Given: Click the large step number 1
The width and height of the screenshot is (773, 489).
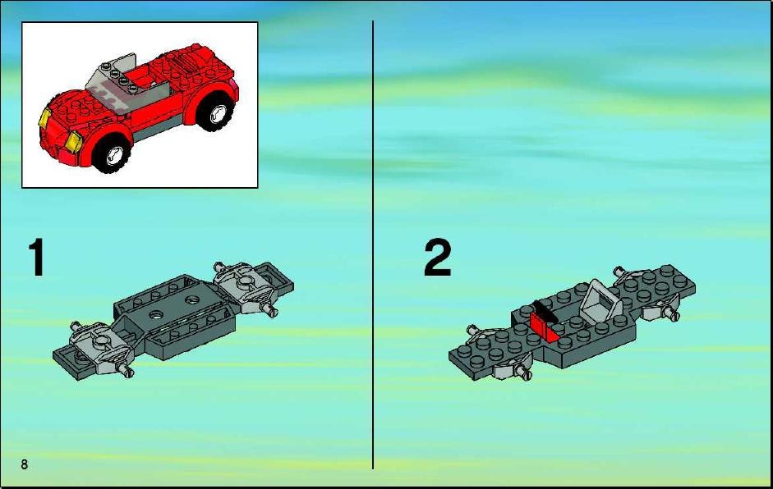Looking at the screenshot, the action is pos(36,258).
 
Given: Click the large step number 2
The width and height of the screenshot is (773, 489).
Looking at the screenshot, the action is pos(437,257).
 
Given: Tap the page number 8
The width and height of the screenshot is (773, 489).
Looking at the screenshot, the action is pos(24,464).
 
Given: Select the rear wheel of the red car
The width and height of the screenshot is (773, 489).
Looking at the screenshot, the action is pos(216,113).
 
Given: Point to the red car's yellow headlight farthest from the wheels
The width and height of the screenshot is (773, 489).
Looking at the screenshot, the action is pos(45,118).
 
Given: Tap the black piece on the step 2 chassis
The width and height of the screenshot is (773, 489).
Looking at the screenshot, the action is pos(545,310).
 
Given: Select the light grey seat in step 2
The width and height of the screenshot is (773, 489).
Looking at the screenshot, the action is pos(600,301).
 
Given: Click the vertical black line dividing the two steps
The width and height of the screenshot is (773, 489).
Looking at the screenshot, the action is pos(373,244).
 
